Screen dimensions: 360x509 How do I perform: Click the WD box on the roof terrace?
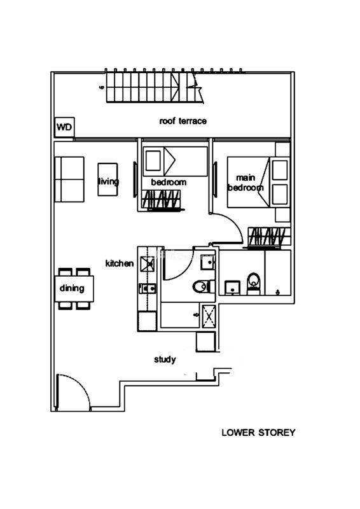tap(64, 127)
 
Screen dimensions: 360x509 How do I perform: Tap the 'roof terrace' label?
tap(183, 121)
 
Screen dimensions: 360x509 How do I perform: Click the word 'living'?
tap(108, 181)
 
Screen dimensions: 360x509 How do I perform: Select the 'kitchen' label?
tap(120, 263)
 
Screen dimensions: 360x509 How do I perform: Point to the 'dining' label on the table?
tap(72, 288)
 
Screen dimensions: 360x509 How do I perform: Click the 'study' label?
tap(165, 359)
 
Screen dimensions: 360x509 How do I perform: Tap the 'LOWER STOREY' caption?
tap(258, 433)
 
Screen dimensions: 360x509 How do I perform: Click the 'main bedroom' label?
tap(246, 183)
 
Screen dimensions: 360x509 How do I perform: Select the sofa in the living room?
tap(69, 179)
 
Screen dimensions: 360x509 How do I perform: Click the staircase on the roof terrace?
tap(155, 87)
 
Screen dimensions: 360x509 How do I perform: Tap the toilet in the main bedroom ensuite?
tap(254, 283)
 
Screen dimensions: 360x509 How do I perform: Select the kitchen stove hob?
tap(148, 264)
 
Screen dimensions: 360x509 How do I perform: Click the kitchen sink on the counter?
tap(148, 288)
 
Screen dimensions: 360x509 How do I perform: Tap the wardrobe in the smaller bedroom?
tap(161, 199)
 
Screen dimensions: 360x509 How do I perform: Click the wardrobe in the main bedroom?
tap(269, 237)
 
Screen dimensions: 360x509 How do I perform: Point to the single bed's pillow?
tap(153, 161)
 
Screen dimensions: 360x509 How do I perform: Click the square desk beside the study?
tap(206, 342)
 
